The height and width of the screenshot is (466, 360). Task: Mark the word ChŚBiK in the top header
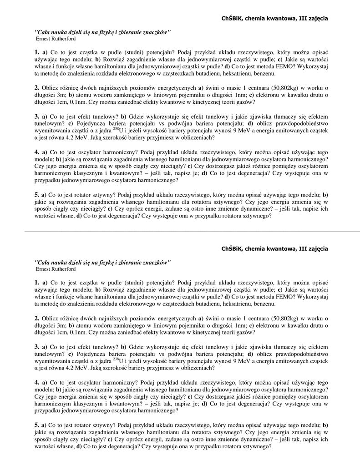[x=232, y=18]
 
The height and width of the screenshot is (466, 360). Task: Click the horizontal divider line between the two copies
[x=180, y=232]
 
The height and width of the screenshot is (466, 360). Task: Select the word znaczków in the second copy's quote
[x=155, y=262]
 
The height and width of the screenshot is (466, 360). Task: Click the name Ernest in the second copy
[x=43, y=269]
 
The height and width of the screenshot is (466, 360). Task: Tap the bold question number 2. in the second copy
[x=37, y=318]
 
